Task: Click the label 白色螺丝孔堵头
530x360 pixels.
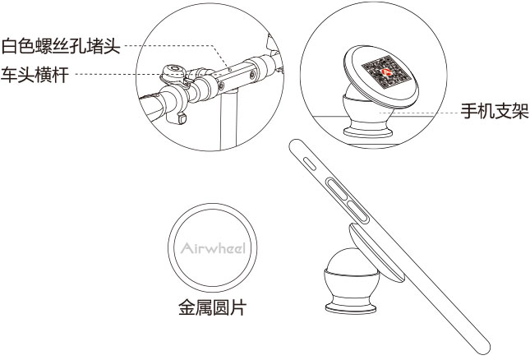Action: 62,45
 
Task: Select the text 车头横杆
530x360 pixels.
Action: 35,73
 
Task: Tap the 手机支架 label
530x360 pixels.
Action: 495,111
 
